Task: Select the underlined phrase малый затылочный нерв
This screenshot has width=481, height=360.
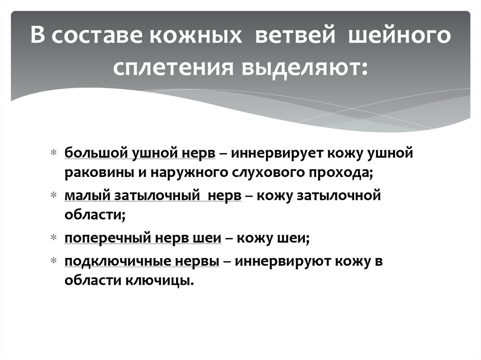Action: (153, 196)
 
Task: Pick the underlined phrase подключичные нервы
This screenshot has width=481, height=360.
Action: (142, 261)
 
